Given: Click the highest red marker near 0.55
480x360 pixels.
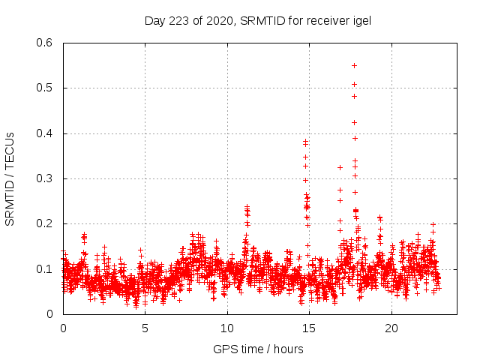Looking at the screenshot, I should [x=354, y=65].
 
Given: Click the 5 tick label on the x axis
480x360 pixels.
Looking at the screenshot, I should [x=145, y=328].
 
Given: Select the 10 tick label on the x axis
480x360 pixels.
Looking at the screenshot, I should [x=227, y=328].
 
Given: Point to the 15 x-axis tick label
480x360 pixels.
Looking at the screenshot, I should [x=309, y=328].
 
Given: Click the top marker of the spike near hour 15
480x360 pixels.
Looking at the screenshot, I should [x=306, y=141].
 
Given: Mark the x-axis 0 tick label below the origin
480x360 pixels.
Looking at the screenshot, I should [x=63, y=328].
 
